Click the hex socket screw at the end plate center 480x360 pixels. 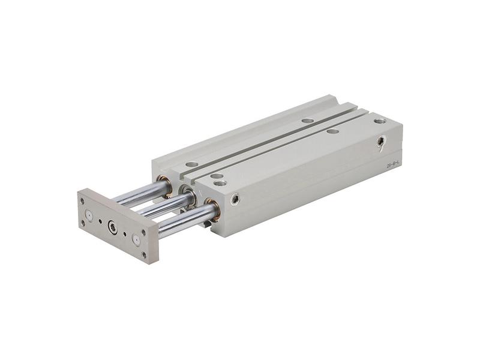pos(112,227)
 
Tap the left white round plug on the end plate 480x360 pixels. pos(89,215)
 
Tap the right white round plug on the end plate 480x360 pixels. pos(136,240)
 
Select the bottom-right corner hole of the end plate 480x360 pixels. pos(144,254)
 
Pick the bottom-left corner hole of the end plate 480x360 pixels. pos(83,223)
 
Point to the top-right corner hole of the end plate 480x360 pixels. pos(144,230)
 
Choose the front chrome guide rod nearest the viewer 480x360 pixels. pos(183,219)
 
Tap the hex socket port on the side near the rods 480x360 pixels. pos(235,199)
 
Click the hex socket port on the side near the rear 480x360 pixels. pos(381,142)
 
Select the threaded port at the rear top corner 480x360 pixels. pos(379,121)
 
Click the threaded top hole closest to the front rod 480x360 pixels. pos(220,182)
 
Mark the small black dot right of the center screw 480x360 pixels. pos(124,233)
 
